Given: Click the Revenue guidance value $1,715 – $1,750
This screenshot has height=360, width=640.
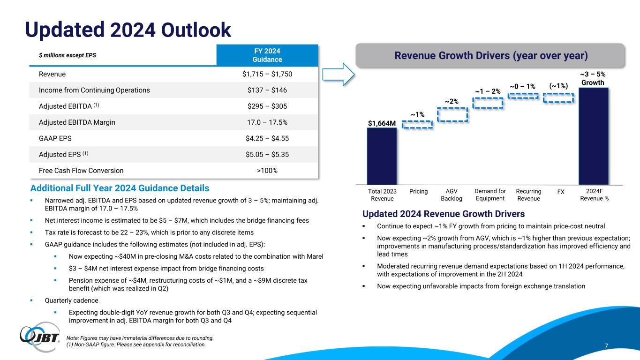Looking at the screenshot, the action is [x=267, y=74].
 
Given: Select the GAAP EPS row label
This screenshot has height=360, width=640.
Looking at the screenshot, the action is [x=55, y=138].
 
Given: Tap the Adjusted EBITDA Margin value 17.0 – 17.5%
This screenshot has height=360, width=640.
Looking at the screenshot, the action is [x=267, y=122].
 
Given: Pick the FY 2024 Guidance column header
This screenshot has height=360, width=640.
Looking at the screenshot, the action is [x=267, y=55].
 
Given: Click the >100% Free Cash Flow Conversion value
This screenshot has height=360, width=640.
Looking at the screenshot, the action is [x=267, y=171].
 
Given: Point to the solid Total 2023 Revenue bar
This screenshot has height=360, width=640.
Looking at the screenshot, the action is [x=382, y=156].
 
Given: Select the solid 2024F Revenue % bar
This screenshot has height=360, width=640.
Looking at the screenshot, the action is [x=594, y=136].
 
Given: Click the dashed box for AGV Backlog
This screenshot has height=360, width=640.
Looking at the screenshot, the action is [x=452, y=114].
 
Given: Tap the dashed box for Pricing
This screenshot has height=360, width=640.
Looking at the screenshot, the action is [x=417, y=125].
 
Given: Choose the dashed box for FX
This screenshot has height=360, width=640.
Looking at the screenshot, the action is [x=558, y=97].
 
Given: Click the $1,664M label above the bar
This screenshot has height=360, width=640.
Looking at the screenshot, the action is [x=382, y=123].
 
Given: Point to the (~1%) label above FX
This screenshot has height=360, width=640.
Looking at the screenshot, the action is [x=558, y=86].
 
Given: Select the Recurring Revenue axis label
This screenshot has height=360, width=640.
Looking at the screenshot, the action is [x=528, y=195].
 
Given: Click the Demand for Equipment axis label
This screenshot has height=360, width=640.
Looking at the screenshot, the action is [x=490, y=195].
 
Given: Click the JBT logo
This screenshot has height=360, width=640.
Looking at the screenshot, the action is [x=40, y=337].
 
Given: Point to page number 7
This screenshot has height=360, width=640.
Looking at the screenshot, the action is [x=606, y=346].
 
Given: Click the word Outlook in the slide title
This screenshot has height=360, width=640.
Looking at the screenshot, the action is [x=196, y=30].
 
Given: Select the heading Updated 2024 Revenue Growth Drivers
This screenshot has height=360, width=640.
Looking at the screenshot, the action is [x=444, y=214].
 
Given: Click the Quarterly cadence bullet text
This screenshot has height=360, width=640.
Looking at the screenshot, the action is [x=71, y=300].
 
